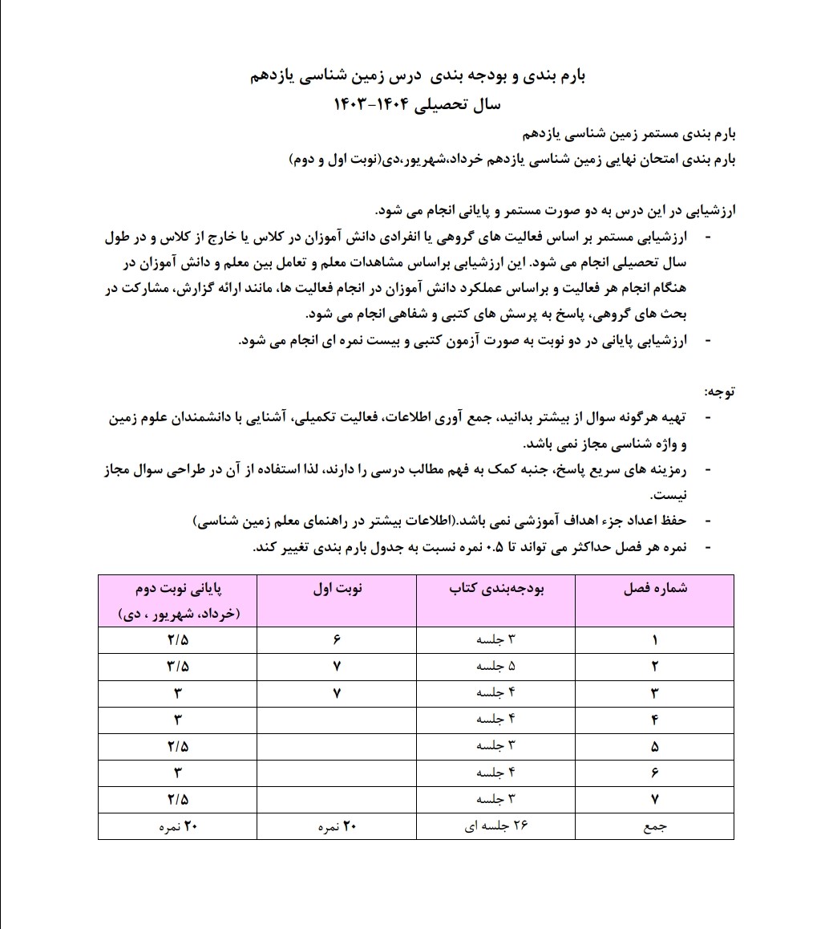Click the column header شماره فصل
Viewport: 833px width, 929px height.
pyautogui.click(x=655, y=589)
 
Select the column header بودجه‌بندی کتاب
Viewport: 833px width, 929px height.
pyautogui.click(x=496, y=589)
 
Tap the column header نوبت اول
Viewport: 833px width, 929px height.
pyautogui.click(x=338, y=589)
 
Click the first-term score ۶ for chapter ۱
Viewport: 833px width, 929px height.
pyautogui.click(x=338, y=640)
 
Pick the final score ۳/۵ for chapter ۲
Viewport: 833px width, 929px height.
pyautogui.click(x=178, y=667)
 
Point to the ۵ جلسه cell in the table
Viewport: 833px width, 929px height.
pyautogui.click(x=496, y=667)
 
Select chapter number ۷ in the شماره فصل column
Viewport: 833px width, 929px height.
pyautogui.click(x=655, y=800)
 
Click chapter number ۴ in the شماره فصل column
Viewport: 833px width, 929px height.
pyautogui.click(x=655, y=720)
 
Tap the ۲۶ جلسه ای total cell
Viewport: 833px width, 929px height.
pyautogui.click(x=496, y=827)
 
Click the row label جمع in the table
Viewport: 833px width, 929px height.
pyautogui.click(x=655, y=827)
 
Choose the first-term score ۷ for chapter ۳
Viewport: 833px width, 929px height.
pyautogui.click(x=338, y=693)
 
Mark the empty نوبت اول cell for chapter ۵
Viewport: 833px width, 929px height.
pyautogui.click(x=338, y=746)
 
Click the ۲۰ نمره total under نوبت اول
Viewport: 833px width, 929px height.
pyautogui.click(x=338, y=827)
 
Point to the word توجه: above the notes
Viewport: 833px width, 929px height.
pyautogui.click(x=719, y=392)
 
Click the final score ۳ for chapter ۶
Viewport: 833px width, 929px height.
pyautogui.click(x=178, y=773)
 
